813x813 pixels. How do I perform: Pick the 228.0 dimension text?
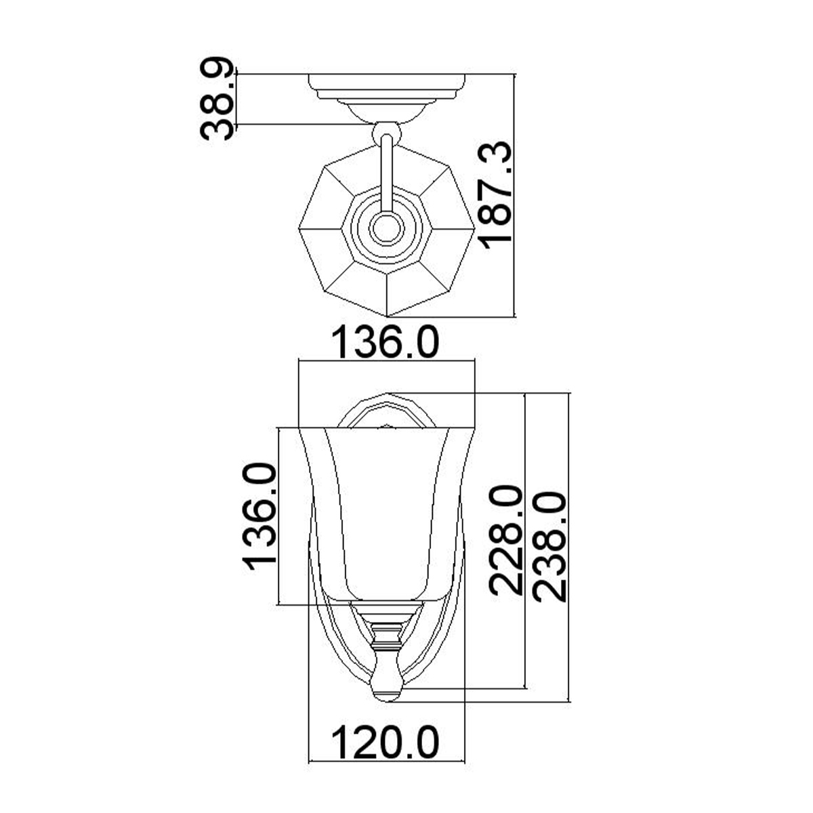[x=507, y=540]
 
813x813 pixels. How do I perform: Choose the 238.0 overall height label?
[x=549, y=547]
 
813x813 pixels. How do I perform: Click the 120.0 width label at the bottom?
[x=386, y=743]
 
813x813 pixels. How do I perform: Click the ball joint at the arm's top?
[x=386, y=130]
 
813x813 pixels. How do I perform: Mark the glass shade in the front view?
[x=386, y=508]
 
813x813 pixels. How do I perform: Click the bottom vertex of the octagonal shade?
[x=387, y=316]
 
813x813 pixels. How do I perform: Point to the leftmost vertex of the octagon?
[x=299, y=228]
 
